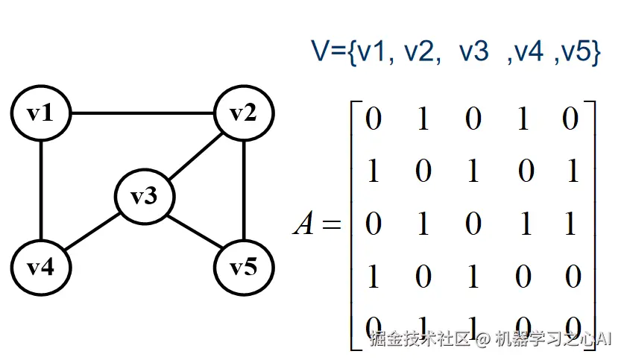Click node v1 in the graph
point(40,114)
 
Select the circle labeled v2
point(244,114)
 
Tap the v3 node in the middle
point(145,197)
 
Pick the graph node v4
point(40,267)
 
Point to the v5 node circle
point(244,267)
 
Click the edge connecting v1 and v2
point(142,114)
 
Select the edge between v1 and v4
point(40,190)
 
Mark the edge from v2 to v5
point(244,190)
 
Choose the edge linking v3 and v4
point(92,232)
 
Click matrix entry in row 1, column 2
point(423,119)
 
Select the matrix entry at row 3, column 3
point(473,224)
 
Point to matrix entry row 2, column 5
point(571,171)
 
